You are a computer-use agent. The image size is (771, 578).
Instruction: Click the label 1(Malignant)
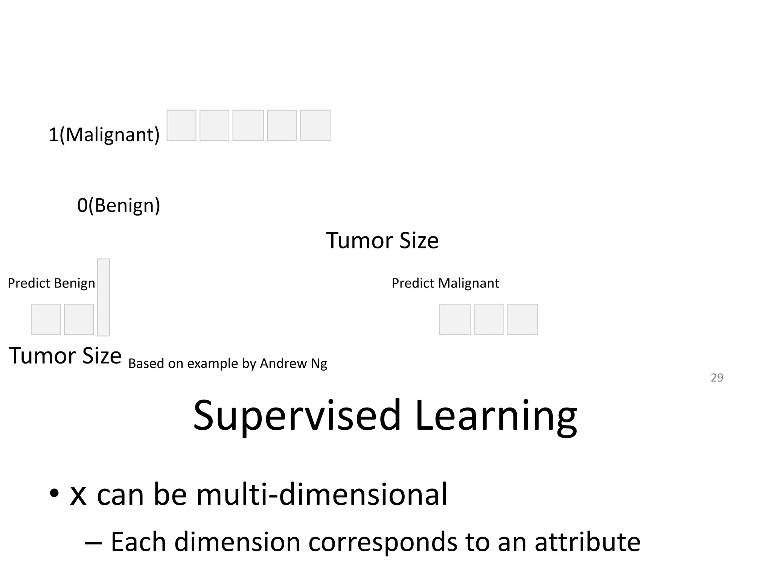[x=104, y=134]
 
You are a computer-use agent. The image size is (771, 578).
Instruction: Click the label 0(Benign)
[x=119, y=205]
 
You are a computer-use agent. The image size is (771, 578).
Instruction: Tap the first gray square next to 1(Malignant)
[x=181, y=125]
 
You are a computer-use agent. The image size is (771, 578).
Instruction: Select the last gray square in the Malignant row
[x=315, y=125]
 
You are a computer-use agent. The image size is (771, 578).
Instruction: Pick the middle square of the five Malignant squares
[x=248, y=125]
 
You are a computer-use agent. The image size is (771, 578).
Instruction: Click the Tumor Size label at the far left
[x=65, y=356]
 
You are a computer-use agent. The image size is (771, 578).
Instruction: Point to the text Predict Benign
[x=52, y=283]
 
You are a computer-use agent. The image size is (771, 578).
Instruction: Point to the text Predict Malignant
[x=445, y=283]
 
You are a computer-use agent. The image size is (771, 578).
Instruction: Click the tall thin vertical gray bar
[x=104, y=297]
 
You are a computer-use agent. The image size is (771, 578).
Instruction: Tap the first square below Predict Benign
[x=46, y=319]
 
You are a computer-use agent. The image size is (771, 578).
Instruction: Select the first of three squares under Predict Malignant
[x=455, y=319]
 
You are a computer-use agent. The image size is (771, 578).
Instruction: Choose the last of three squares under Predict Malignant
[x=522, y=319]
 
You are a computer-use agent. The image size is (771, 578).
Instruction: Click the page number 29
[x=717, y=377]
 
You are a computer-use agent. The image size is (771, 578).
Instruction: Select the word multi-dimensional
[x=322, y=494]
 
